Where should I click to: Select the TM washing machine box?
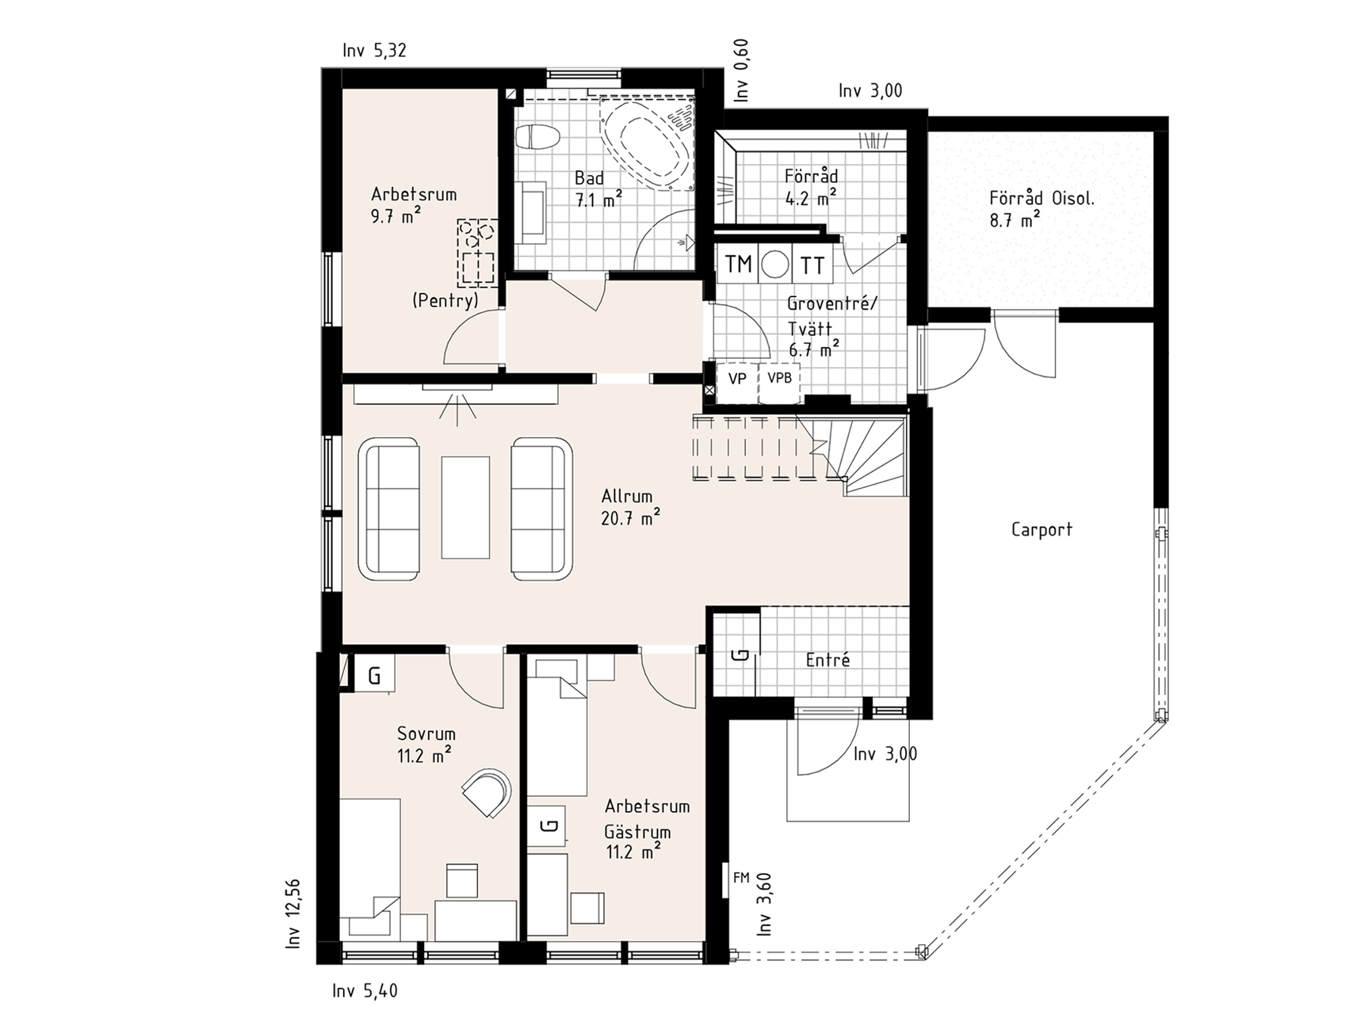pos(738,264)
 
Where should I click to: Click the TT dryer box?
pos(812,265)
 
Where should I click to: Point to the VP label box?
pos(737,379)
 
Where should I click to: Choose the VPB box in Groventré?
pos(780,379)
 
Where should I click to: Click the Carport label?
pos(1042,529)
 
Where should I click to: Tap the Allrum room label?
pos(626,497)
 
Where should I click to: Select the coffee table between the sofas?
pos(466,508)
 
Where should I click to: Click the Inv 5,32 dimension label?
pos(375,51)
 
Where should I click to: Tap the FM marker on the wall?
pos(741,878)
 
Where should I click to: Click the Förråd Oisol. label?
pos(1042,199)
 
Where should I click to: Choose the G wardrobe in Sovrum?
pos(374,675)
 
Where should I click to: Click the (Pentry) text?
pos(445,301)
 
